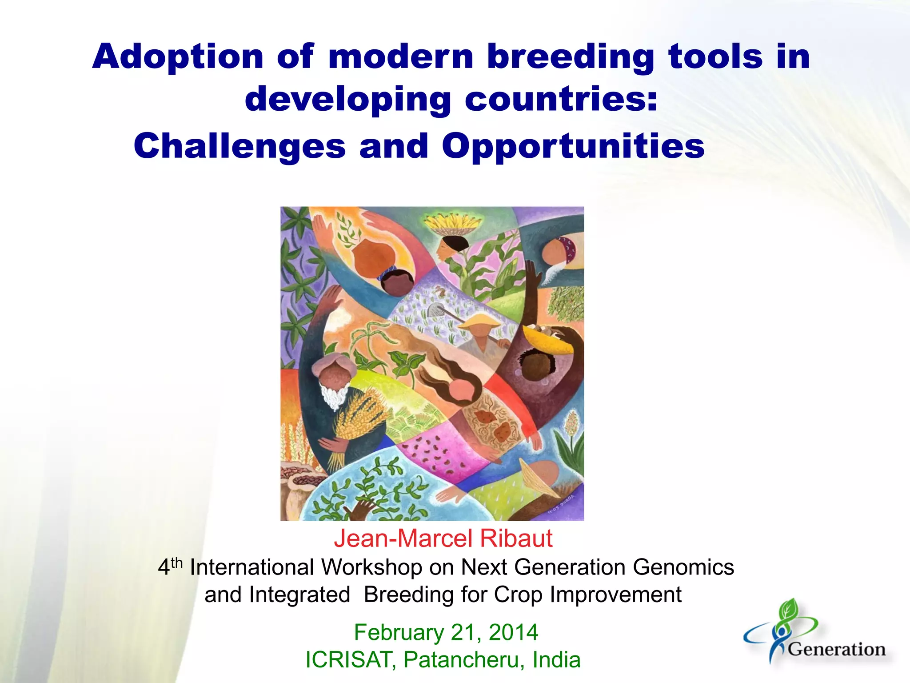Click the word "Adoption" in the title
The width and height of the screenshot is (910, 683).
point(178,58)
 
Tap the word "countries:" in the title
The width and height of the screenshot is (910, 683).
point(561,100)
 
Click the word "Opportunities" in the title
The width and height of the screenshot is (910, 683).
point(573,147)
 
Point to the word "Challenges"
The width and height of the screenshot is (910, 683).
point(239,147)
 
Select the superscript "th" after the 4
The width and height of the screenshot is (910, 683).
point(177,563)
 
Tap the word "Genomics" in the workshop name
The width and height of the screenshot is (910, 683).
point(683,568)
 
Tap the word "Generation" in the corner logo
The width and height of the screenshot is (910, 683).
point(837,650)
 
